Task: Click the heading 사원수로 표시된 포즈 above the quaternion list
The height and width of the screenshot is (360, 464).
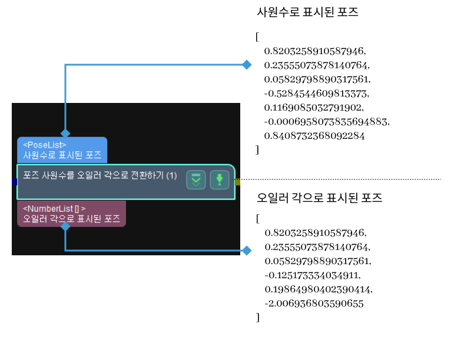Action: (308, 12)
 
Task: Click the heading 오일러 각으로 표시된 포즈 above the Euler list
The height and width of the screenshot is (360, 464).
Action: (320, 198)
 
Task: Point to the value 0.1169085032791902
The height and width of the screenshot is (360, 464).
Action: (314, 108)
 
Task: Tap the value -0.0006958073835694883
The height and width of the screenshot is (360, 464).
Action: (327, 122)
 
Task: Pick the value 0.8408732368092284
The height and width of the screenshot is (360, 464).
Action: (315, 136)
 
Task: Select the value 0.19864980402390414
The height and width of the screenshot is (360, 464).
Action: (319, 289)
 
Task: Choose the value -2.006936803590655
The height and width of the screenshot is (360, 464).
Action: (314, 304)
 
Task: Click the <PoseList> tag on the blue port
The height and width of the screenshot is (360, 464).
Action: (45, 145)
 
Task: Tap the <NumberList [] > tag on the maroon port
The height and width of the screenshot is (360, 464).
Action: (54, 208)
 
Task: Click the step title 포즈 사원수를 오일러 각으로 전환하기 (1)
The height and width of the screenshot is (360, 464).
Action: (100, 175)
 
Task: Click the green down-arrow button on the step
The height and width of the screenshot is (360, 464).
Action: (220, 180)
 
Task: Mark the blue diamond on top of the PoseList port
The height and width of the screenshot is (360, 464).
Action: (65, 134)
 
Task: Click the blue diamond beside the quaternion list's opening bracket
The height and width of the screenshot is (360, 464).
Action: (247, 64)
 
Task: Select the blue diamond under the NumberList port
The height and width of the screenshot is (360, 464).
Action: (65, 230)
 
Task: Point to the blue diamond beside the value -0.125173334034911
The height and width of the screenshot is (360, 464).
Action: (247, 251)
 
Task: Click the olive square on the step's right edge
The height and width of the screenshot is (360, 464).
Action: (237, 182)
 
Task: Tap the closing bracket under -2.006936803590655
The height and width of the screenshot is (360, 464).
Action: (257, 318)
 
